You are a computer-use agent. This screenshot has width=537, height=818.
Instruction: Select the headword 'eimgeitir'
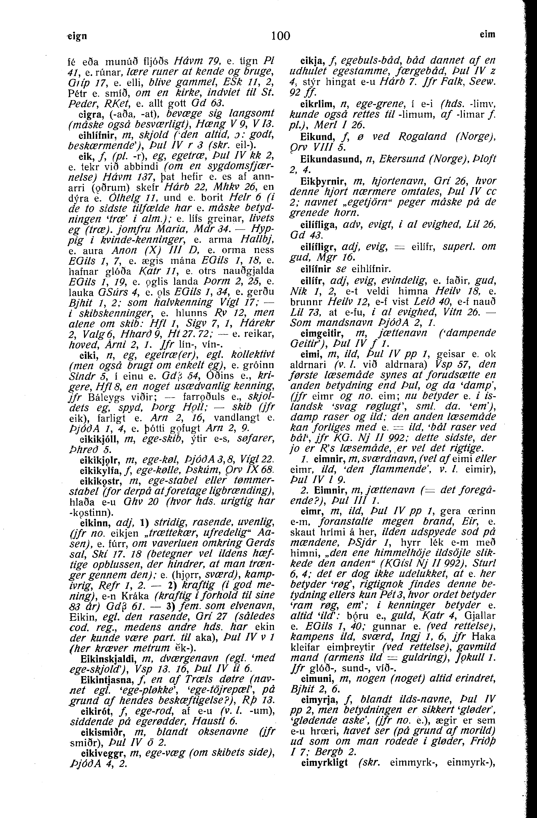point(318,333)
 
